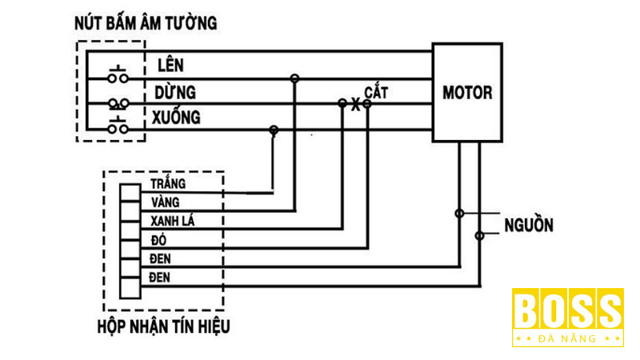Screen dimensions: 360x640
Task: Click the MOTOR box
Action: tap(467, 92)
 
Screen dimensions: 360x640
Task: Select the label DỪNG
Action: tap(176, 91)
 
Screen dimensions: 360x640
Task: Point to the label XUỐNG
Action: tap(176, 118)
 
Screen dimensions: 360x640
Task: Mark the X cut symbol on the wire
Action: tap(355, 104)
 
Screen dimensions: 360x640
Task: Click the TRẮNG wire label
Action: tap(167, 184)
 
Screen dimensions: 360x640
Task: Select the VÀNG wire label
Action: tap(164, 202)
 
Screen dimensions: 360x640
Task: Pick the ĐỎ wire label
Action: tap(158, 240)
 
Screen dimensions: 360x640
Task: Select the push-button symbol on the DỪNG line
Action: tap(118, 103)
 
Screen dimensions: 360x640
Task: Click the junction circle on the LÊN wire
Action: tap(294, 78)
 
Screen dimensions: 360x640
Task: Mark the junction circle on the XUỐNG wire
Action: tap(274, 130)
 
